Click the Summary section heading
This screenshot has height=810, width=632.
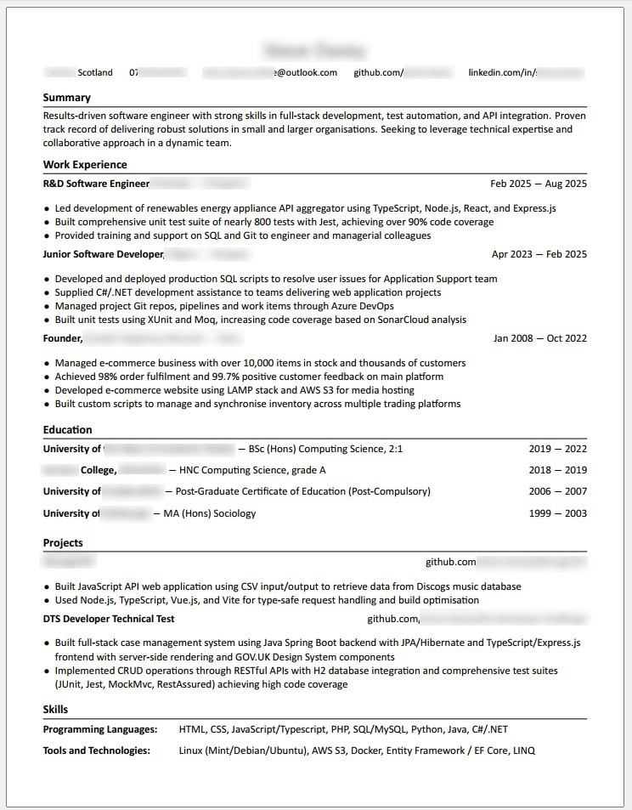pos(66,98)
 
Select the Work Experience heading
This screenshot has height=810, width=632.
pos(85,165)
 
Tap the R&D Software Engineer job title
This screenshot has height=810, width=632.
pos(96,184)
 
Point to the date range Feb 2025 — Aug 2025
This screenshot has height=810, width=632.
pos(539,184)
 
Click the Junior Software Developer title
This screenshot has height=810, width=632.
pos(103,254)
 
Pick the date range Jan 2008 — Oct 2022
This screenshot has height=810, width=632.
pos(539,338)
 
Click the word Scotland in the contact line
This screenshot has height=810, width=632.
pos(95,73)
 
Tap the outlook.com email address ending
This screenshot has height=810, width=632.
pos(307,73)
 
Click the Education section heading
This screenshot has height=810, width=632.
pos(67,430)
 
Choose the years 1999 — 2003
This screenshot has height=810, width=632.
pos(557,513)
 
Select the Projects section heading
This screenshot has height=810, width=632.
pos(63,543)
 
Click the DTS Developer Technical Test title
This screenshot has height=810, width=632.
pos(109,619)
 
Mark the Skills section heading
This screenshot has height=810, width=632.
pos(55,710)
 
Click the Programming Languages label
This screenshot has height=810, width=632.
pos(100,729)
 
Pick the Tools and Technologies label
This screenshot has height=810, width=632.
pos(97,751)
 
